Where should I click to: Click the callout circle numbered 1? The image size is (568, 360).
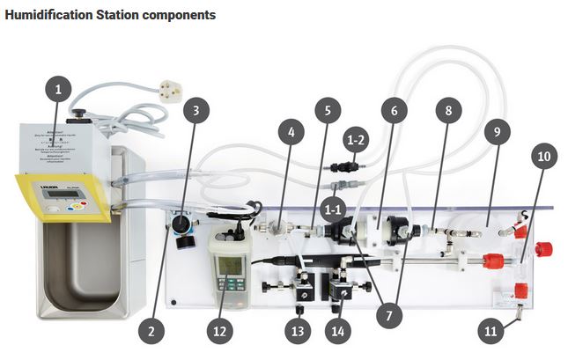(x=59, y=91)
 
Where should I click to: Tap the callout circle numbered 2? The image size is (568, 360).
(x=151, y=331)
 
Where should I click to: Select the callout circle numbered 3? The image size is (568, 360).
(x=196, y=112)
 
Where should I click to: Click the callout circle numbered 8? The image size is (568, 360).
(x=448, y=112)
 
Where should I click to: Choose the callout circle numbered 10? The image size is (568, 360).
(x=543, y=157)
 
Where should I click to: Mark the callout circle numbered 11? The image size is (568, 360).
(x=491, y=331)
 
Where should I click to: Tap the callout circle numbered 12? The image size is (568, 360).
(x=222, y=331)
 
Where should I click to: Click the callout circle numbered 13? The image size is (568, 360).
(x=299, y=331)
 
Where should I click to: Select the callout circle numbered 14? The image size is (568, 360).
(x=336, y=331)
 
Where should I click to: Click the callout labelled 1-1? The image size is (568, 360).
(x=332, y=209)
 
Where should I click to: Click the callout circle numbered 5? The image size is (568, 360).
(x=328, y=112)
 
